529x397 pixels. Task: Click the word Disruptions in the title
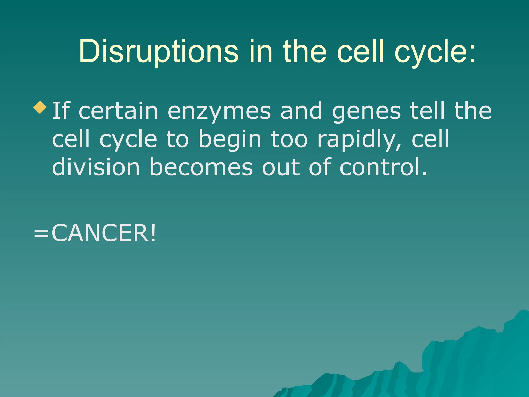pos(158,51)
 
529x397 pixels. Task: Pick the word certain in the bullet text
pos(118,111)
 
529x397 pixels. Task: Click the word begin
pos(230,140)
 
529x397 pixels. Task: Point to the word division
pos(96,167)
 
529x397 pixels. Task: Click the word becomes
pos(201,167)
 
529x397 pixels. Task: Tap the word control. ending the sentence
pos(383,167)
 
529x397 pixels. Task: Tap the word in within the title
pos(261,51)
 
